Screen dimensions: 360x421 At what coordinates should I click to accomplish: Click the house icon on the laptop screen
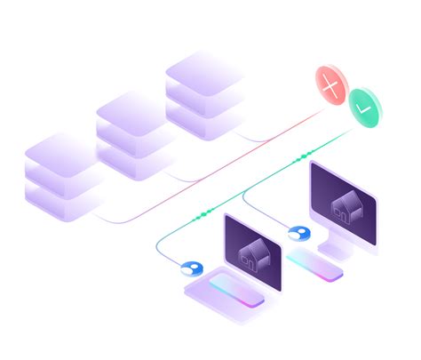coord(253,252)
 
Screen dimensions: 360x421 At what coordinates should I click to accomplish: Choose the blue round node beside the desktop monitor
coord(298,235)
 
